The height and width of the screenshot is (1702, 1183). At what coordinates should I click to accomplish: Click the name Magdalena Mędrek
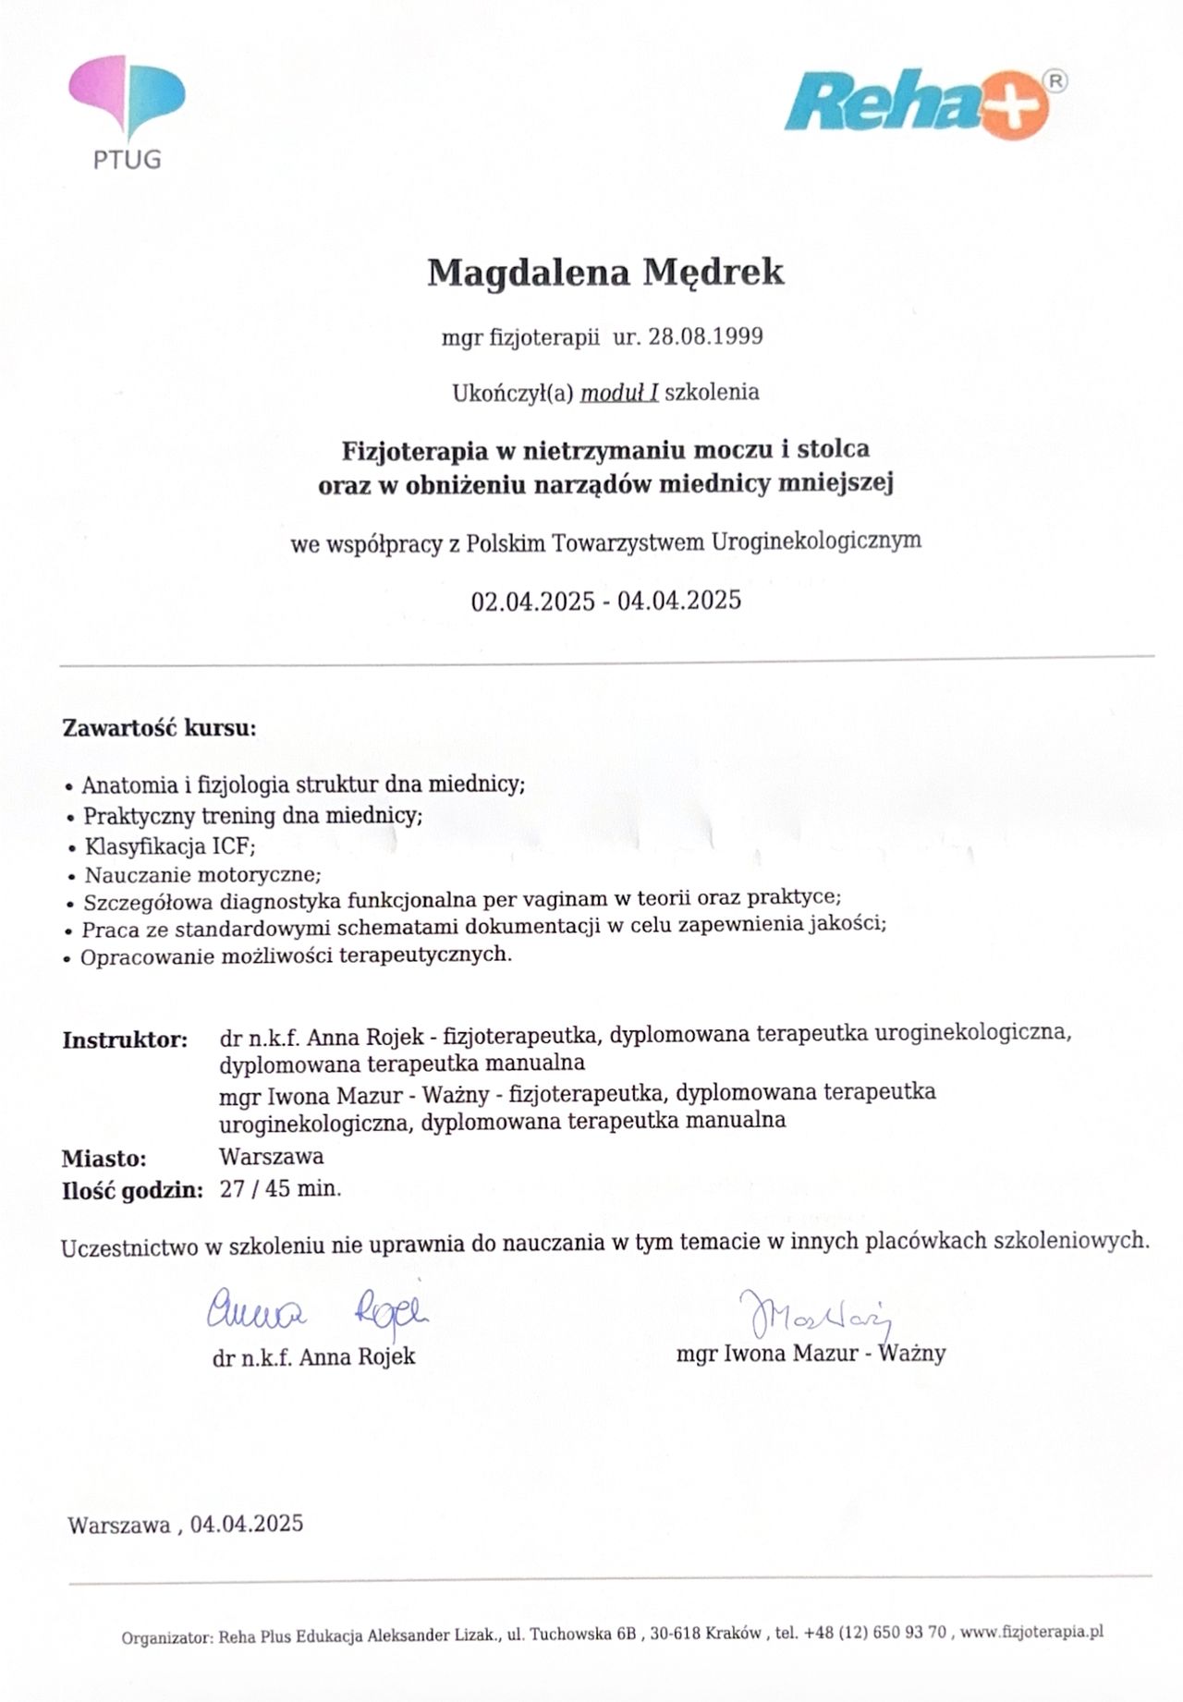(x=605, y=273)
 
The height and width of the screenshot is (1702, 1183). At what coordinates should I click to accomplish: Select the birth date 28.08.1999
(x=705, y=336)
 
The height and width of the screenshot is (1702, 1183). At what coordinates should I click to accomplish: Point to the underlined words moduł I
(x=619, y=393)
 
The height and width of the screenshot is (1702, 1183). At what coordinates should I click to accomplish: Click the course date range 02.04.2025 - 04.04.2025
(x=605, y=602)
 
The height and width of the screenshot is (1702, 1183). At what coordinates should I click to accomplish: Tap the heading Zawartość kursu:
(x=159, y=728)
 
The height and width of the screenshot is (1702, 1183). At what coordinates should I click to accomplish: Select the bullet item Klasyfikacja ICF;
(x=170, y=846)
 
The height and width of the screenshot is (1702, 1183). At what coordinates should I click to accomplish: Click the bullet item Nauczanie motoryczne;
(x=202, y=874)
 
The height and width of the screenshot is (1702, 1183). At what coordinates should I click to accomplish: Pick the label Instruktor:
(x=125, y=1039)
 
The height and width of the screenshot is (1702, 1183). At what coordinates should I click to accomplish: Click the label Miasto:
(x=104, y=1159)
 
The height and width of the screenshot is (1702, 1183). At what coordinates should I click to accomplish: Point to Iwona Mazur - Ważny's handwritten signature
(x=813, y=1315)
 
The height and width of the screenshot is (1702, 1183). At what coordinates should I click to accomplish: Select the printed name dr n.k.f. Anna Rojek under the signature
(x=314, y=1356)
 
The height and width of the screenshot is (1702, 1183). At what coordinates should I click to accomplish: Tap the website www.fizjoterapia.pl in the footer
(x=1031, y=1631)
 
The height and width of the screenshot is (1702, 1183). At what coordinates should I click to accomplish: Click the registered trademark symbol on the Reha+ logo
(x=1056, y=81)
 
